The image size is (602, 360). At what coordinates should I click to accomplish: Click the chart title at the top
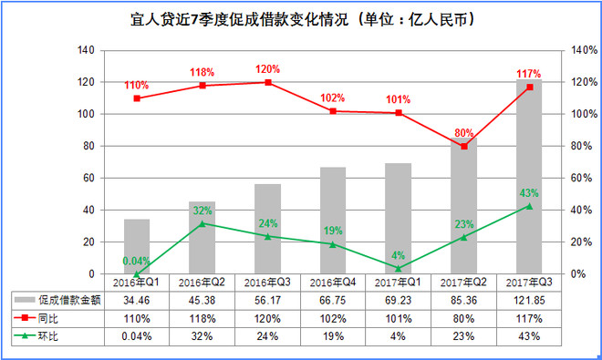(303, 19)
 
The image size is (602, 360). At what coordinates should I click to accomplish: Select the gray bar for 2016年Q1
(137, 246)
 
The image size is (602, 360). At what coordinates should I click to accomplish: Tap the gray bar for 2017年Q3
(529, 177)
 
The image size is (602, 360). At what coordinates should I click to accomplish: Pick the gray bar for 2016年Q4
(333, 221)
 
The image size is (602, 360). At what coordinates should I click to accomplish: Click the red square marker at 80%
(464, 146)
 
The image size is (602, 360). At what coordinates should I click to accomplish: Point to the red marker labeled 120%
(268, 83)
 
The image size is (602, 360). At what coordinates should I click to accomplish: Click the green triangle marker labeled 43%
(529, 207)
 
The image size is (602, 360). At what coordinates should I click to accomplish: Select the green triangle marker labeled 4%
(399, 268)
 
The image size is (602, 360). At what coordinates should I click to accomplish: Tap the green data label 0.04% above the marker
(136, 261)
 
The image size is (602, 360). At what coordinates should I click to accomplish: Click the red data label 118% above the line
(202, 72)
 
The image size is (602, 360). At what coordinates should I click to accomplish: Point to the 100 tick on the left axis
(86, 114)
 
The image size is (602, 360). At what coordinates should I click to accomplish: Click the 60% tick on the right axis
(581, 178)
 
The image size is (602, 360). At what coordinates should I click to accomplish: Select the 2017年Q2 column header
(463, 283)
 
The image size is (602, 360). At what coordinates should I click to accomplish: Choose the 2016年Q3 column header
(267, 283)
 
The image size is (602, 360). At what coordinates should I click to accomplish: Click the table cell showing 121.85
(529, 301)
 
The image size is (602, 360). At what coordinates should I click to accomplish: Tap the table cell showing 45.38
(202, 301)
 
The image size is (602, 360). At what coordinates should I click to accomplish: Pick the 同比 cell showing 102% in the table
(333, 319)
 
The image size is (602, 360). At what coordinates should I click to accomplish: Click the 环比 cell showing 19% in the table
(333, 336)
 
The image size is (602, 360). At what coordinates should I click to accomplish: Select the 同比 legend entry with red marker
(36, 318)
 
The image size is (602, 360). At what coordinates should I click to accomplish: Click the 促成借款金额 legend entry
(57, 300)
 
